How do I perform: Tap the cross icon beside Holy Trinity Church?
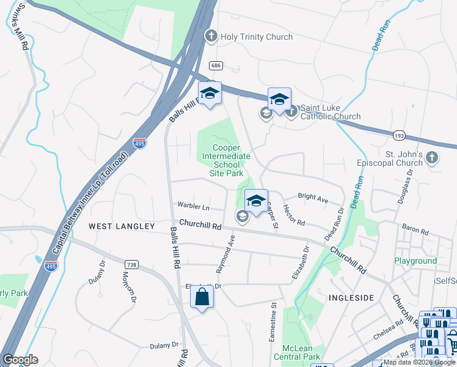(x=211, y=36)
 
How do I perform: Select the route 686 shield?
(x=214, y=65)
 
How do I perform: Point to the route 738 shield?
(x=131, y=264)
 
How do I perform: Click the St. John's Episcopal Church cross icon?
(x=432, y=158)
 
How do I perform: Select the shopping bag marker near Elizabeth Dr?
(x=202, y=298)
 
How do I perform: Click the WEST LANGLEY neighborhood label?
(x=122, y=226)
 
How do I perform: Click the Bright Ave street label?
(x=313, y=198)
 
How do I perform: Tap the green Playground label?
(x=415, y=261)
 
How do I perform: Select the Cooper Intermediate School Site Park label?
(x=227, y=160)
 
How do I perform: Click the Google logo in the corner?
(x=20, y=360)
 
